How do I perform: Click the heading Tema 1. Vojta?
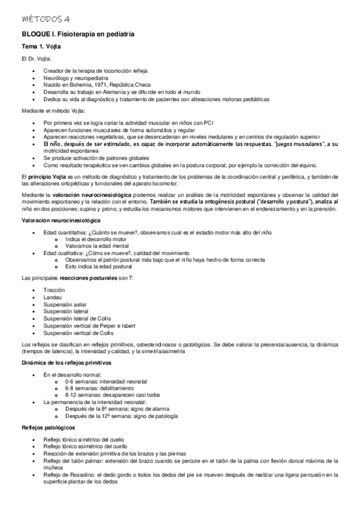[41, 46]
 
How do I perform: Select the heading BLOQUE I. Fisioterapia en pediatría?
[78, 34]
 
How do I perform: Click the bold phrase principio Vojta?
[50, 175]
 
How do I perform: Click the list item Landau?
[52, 298]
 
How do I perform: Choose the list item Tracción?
[54, 290]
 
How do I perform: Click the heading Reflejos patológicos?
[48, 427]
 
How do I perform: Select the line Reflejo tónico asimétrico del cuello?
[85, 447]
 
